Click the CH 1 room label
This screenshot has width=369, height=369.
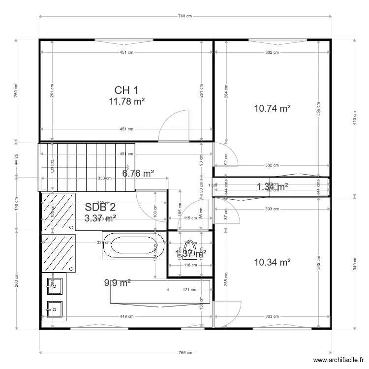coord(126,90)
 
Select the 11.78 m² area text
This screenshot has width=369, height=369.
coord(126,101)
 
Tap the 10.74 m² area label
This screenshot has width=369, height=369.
coord(272,109)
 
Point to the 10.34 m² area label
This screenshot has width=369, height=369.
coord(272,262)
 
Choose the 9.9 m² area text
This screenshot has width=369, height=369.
coord(117,282)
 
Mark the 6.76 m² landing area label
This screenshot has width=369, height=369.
coord(138,173)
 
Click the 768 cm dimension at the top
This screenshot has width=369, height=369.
coord(184,16)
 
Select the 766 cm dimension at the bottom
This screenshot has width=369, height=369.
coord(184,353)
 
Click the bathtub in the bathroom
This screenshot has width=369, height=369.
coord(134,245)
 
